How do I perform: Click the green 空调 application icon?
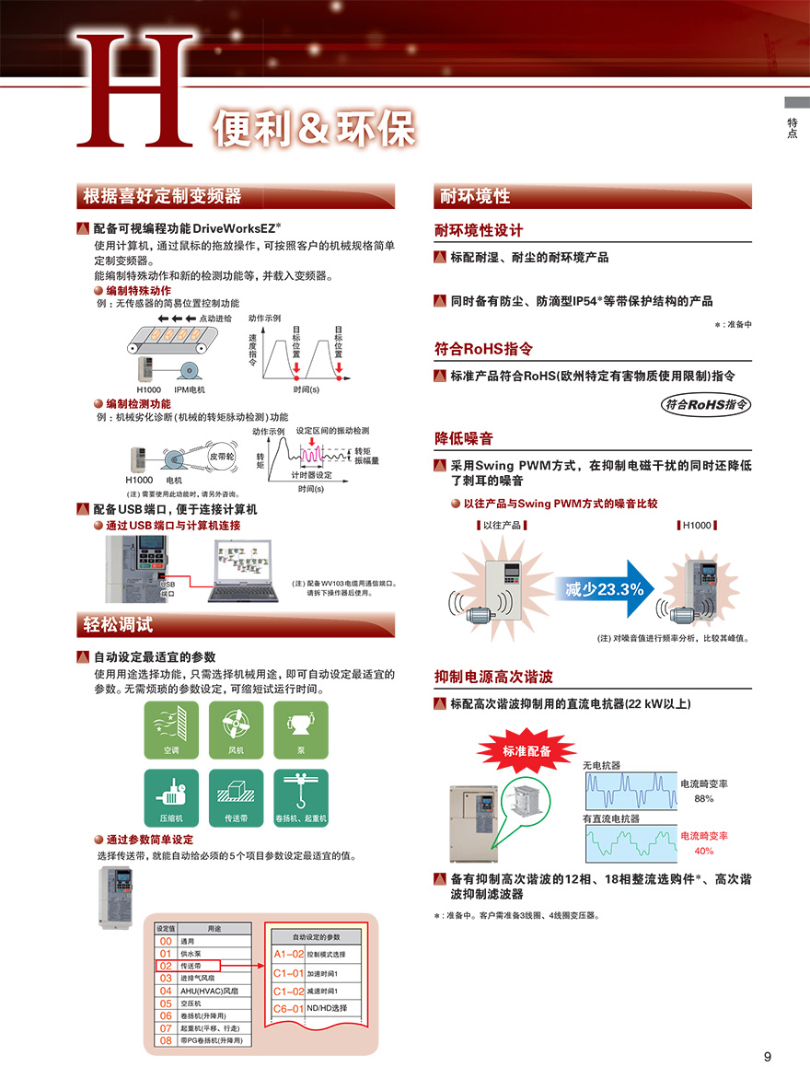click(x=171, y=729)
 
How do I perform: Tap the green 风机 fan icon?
click(x=236, y=729)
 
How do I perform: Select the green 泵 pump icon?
click(x=301, y=729)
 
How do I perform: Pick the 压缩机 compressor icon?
click(x=171, y=797)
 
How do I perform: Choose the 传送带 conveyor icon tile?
click(x=236, y=797)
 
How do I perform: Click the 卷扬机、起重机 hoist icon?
click(x=301, y=797)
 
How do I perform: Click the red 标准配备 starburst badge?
click(x=526, y=750)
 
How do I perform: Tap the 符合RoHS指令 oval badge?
click(x=706, y=404)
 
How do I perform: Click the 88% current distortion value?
click(x=704, y=799)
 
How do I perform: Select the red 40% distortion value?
click(x=704, y=851)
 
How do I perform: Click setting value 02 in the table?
click(x=166, y=966)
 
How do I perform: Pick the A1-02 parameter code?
click(x=288, y=954)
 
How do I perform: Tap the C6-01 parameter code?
click(x=288, y=1008)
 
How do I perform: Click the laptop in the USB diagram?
click(x=243, y=571)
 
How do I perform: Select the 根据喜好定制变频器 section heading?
click(x=162, y=196)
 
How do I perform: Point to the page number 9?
click(x=767, y=1056)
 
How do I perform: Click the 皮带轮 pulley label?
click(x=222, y=457)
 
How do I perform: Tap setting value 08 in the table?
click(x=166, y=1040)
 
